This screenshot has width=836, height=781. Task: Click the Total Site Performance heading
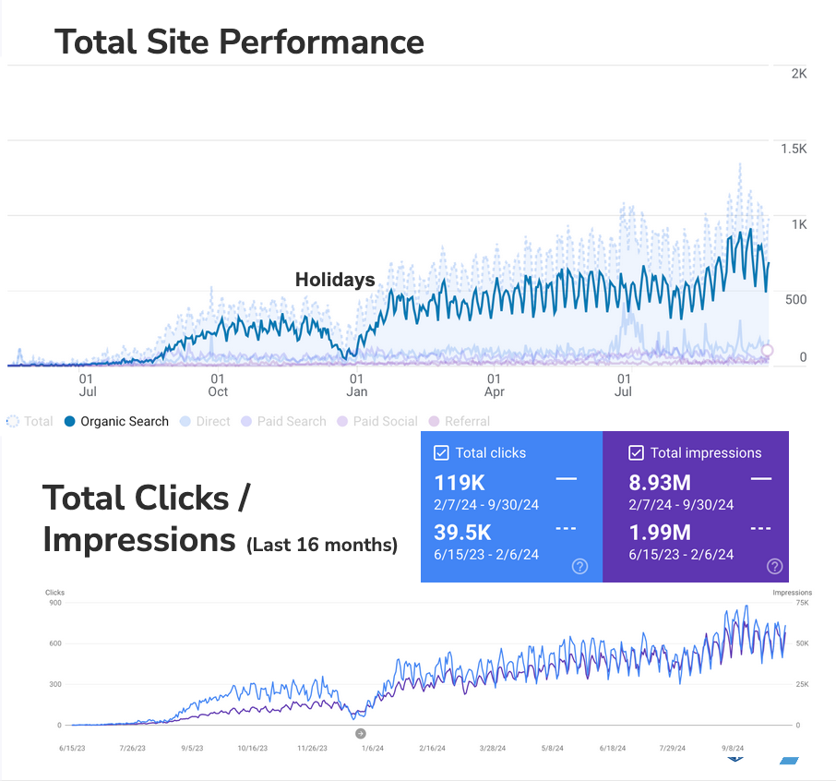[239, 42]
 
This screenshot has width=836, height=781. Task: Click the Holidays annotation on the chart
[334, 280]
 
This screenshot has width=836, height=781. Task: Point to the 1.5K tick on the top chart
[794, 149]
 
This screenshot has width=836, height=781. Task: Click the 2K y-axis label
[799, 74]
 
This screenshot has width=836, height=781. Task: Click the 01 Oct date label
[218, 385]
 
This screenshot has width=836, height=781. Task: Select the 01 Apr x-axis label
[495, 385]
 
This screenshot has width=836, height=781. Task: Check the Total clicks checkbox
[441, 453]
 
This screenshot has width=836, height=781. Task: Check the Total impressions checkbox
[636, 453]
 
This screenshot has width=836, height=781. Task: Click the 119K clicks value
[460, 482]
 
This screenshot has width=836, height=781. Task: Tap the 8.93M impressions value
[659, 482]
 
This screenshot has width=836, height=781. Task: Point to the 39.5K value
[463, 532]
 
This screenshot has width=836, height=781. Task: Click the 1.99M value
[659, 532]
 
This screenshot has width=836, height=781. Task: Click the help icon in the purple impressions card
[774, 566]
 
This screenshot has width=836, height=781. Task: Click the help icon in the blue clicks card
[579, 566]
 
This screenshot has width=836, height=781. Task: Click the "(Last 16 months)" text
[321, 546]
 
